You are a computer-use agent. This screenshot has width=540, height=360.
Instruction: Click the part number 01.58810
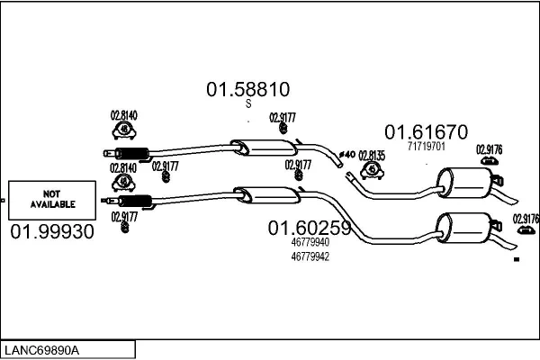247,90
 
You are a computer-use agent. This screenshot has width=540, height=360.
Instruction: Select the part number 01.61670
426,131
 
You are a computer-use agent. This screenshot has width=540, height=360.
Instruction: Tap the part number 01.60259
309,229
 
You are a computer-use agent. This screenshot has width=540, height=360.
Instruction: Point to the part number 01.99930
52,232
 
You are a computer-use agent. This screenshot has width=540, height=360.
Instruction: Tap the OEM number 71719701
427,145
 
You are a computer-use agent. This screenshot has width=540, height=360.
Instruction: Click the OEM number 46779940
310,242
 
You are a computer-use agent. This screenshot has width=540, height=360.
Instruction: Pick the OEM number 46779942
310,256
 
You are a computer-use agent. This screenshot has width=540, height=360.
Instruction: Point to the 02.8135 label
372,156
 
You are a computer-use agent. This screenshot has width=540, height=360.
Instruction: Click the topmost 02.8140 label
123,115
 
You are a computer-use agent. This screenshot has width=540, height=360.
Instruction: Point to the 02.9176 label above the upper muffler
489,148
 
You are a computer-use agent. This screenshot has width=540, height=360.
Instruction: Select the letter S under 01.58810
248,104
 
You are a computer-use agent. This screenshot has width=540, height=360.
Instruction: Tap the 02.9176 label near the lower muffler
526,218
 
